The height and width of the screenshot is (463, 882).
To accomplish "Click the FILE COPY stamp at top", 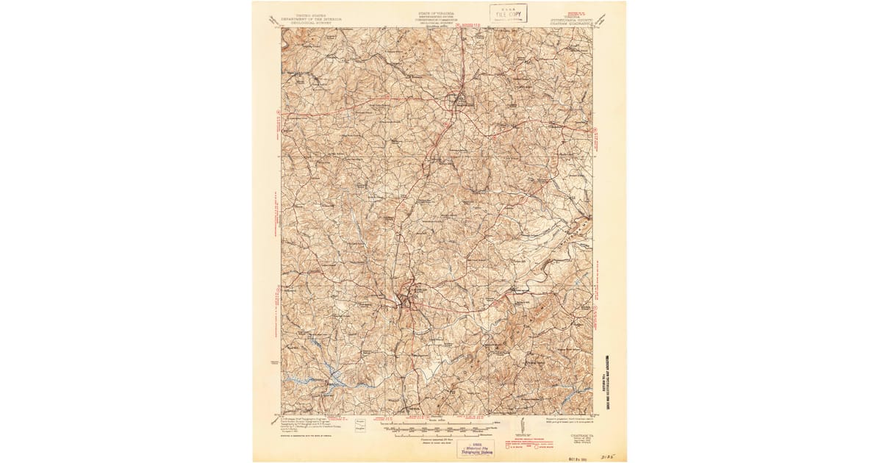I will coord(509,13).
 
